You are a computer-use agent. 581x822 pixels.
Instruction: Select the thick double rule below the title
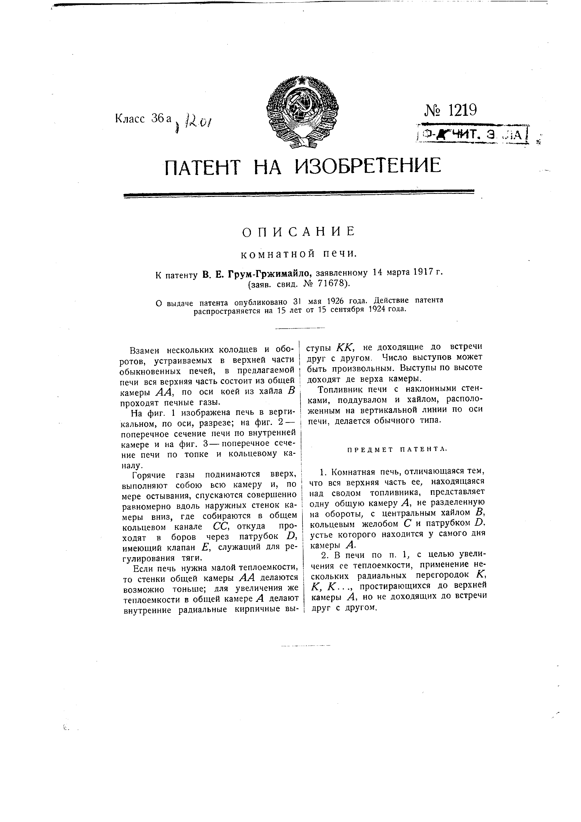coord(298,193)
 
